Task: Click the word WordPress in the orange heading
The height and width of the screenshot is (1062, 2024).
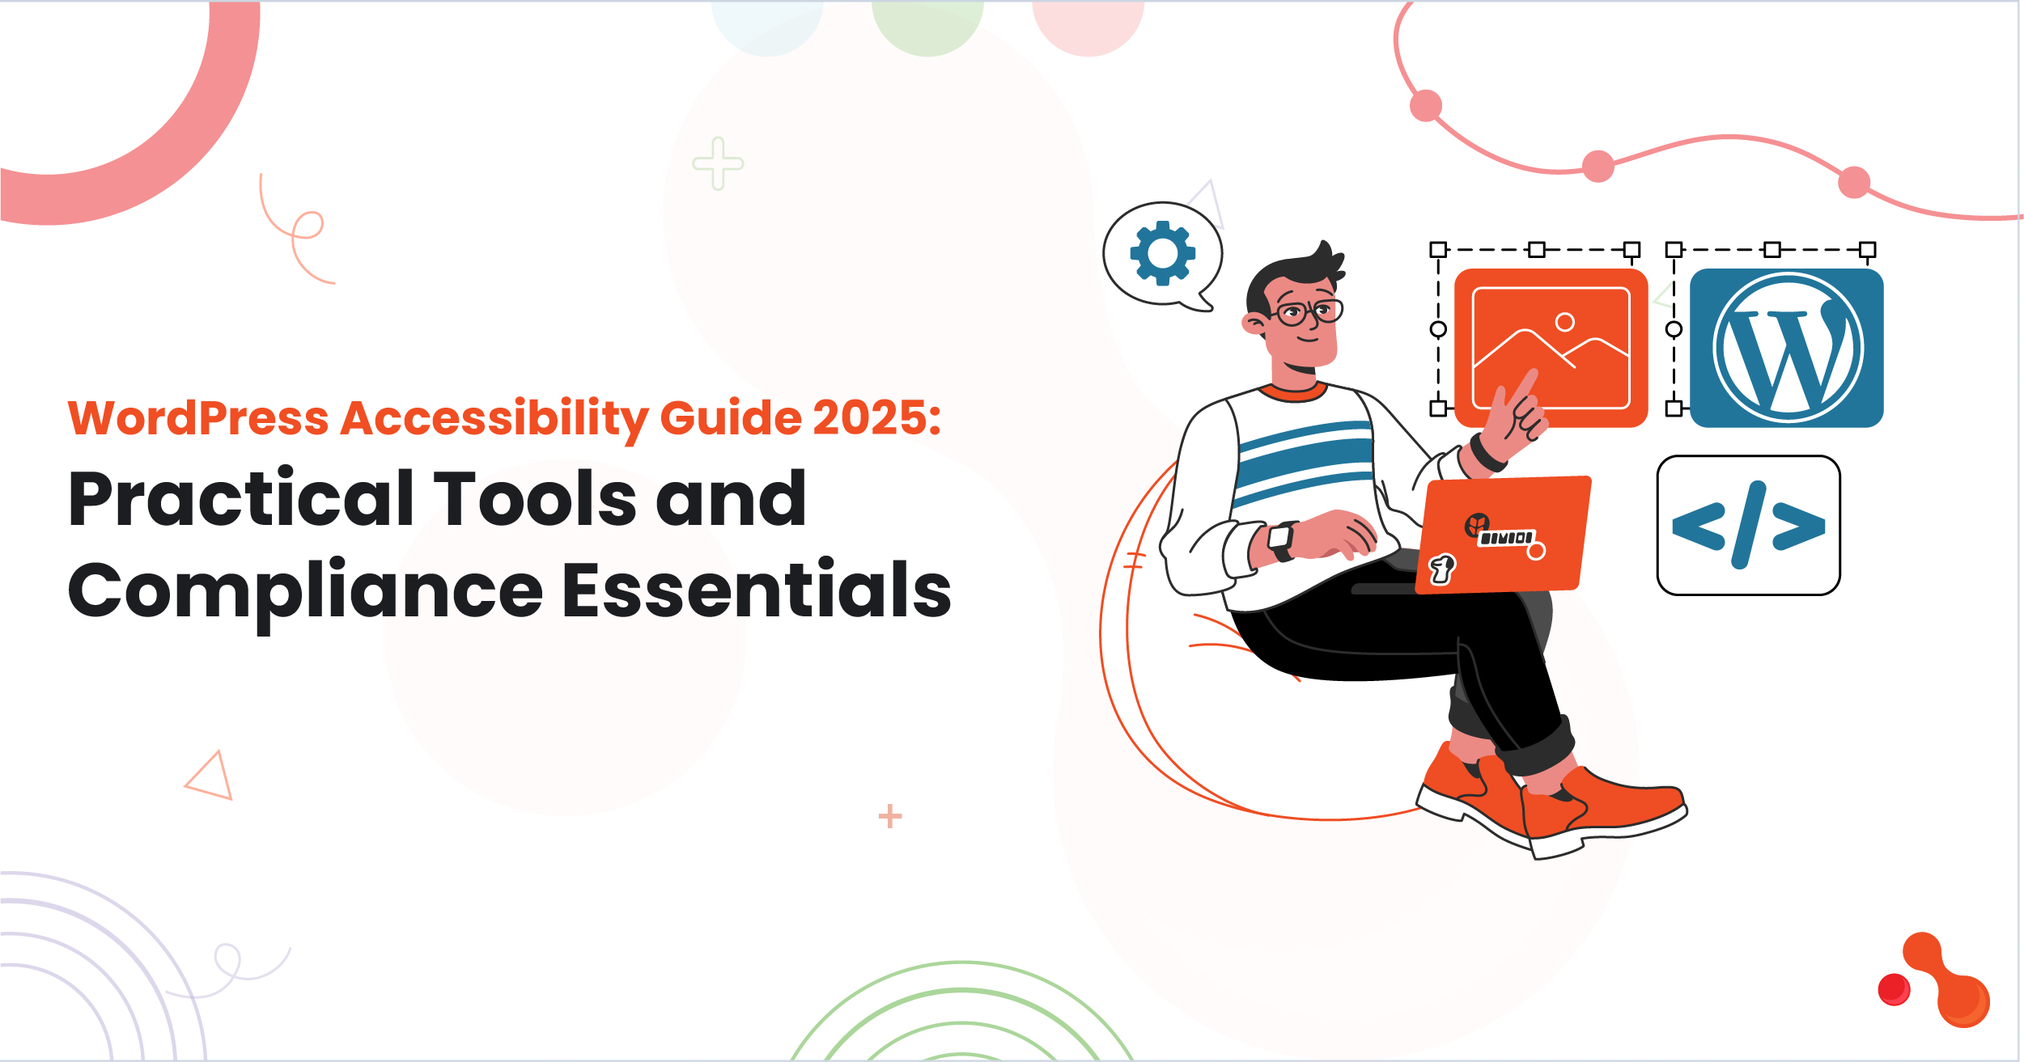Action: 198,418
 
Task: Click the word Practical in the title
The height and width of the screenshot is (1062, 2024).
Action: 241,499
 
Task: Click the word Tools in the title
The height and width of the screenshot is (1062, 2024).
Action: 536,499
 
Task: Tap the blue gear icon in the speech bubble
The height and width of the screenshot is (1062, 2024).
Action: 1162,253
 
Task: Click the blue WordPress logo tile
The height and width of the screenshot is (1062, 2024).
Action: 1786,348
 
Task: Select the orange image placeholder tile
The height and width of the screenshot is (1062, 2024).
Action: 1551,348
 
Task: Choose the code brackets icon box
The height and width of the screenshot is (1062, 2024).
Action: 1748,526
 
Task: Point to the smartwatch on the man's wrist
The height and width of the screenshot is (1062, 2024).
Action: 1279,539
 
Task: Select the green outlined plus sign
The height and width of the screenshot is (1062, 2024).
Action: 718,163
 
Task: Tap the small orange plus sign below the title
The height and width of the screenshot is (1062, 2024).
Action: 889,816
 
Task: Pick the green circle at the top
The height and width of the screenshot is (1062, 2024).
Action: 927,24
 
